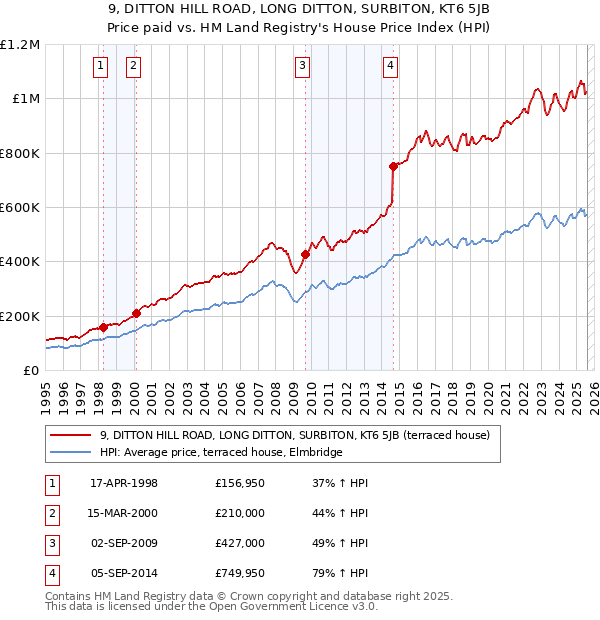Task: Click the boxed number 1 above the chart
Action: tap(102, 67)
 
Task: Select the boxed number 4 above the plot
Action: tap(390, 67)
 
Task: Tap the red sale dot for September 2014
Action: tap(393, 167)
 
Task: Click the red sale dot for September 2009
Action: tap(305, 254)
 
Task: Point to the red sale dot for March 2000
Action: tap(137, 313)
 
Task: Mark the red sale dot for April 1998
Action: tap(103, 327)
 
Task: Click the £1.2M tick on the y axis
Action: tap(20, 45)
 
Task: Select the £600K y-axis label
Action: tap(20, 208)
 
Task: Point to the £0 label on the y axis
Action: tap(29, 370)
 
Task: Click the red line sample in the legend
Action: tap(69, 435)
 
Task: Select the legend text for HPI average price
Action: tap(221, 452)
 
